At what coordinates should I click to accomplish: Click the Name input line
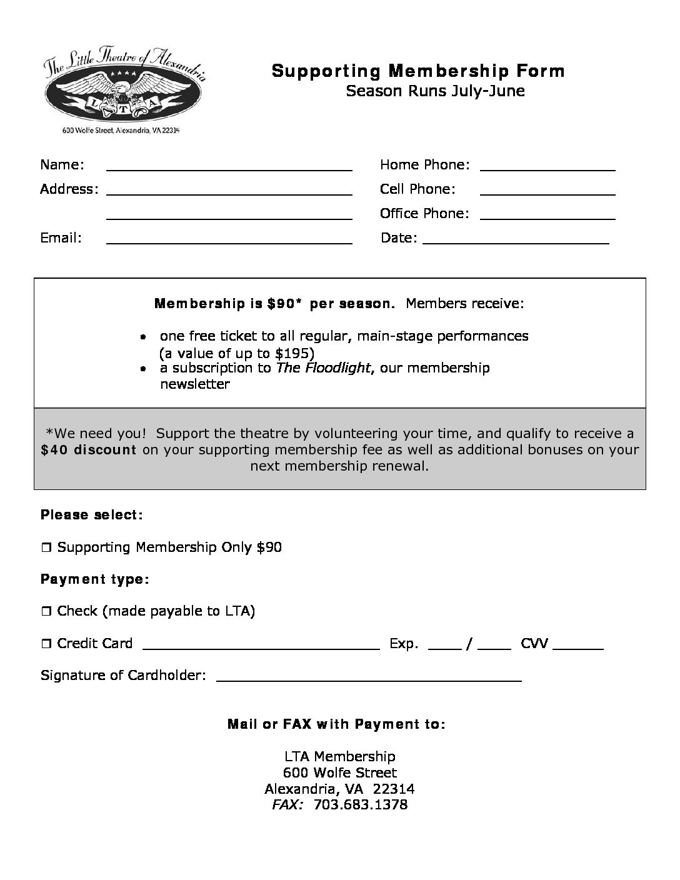coord(229,167)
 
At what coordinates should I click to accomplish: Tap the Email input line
coord(229,241)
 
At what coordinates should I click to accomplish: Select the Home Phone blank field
coord(547,167)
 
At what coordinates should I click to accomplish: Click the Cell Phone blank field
coord(547,192)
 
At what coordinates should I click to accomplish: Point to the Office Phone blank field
coord(547,216)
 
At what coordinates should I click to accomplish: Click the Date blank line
coord(516,241)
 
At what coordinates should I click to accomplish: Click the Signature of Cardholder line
coord(368,679)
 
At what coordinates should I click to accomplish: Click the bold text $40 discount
coord(89,450)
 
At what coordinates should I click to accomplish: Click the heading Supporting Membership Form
coord(417,71)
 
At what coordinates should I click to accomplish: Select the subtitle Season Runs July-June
coord(435,91)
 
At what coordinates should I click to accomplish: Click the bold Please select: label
coord(92,515)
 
